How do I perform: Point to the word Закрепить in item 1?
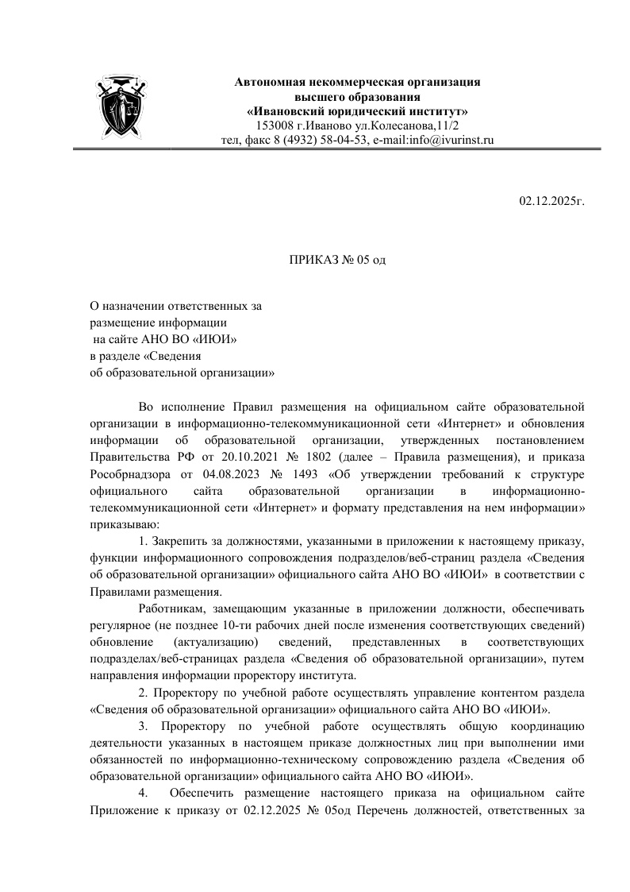click(178, 542)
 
